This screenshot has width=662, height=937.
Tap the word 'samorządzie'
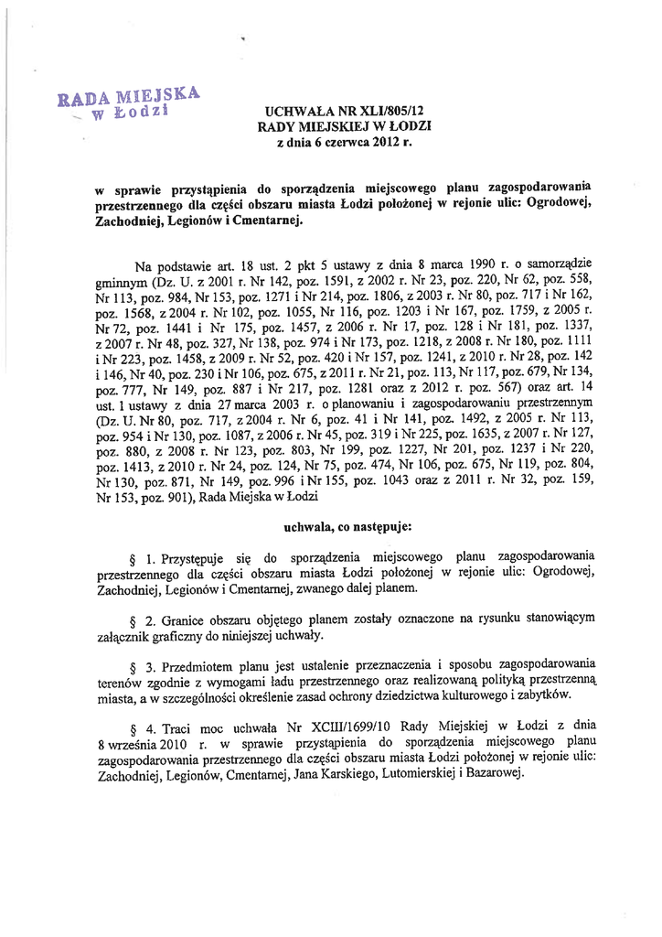pos(560,266)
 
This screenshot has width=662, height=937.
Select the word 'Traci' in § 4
pos(179,728)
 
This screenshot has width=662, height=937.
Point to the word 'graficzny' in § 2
pos(182,635)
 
